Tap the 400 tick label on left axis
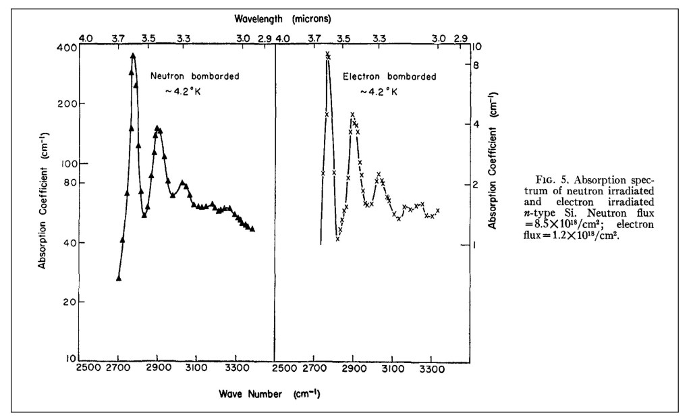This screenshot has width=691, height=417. coord(69,48)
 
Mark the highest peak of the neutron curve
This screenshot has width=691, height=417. coord(134,55)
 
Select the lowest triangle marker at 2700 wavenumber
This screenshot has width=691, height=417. coord(119,278)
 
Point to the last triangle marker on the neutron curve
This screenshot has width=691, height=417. coord(252,229)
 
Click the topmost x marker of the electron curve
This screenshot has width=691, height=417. coord(328,54)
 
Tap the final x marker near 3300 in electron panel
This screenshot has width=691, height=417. coord(438,211)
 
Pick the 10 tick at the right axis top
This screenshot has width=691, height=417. coord(477,48)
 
